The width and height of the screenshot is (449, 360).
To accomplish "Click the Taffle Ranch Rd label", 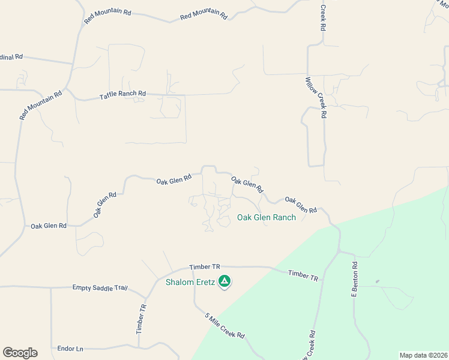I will (122, 94).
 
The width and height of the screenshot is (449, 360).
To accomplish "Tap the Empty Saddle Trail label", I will (100, 288).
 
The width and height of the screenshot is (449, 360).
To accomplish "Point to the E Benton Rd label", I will (355, 279).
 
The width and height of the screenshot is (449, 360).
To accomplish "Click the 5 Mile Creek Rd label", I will (225, 326).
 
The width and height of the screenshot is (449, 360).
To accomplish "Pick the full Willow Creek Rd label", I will (315, 97).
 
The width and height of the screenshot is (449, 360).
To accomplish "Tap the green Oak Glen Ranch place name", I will (267, 217).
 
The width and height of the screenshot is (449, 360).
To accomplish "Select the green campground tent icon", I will (224, 281).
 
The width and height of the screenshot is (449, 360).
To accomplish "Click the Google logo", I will (20, 353).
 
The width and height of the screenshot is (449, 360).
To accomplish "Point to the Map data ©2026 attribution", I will (423, 355).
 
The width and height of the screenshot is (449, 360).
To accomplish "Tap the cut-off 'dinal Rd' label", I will (11, 57).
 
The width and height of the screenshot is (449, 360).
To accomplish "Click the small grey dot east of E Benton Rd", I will (377, 281).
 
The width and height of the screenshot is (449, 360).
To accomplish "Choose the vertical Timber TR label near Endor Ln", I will (141, 319).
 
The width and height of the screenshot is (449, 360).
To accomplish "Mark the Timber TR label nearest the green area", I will (303, 275).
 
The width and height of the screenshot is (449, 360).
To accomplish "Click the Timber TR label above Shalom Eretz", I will (205, 266).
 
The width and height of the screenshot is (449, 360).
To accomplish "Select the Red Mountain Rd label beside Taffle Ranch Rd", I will (41, 105).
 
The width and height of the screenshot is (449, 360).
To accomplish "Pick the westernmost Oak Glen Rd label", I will (48, 226).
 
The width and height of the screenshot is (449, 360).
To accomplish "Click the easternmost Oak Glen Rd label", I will (301, 205).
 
